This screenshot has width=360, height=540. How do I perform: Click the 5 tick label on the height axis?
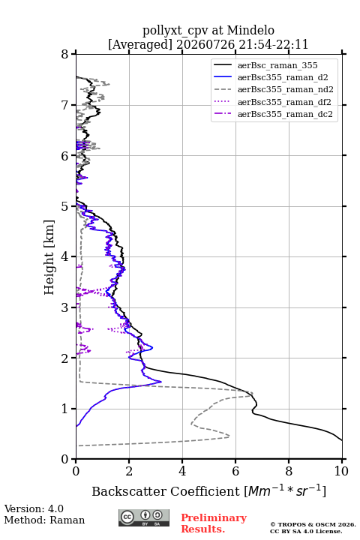click(64, 206)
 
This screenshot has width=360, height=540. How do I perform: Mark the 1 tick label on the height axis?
click(64, 409)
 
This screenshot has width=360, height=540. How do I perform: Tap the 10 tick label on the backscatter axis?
click(341, 471)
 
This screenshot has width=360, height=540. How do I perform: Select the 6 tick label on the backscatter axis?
click(235, 471)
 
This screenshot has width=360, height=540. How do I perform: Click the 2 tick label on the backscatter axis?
click(129, 471)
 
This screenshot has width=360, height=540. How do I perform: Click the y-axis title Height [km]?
click(49, 257)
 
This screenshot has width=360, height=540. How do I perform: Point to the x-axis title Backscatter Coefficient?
click(166, 491)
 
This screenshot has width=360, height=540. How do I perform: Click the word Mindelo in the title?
click(250, 30)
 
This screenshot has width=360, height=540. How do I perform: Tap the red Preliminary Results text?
click(214, 523)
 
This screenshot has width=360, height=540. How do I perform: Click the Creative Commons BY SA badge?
click(144, 517)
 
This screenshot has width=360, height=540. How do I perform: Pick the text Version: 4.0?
click(34, 508)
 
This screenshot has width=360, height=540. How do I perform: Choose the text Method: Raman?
click(44, 520)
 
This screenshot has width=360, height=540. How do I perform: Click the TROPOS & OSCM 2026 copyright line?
click(313, 524)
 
